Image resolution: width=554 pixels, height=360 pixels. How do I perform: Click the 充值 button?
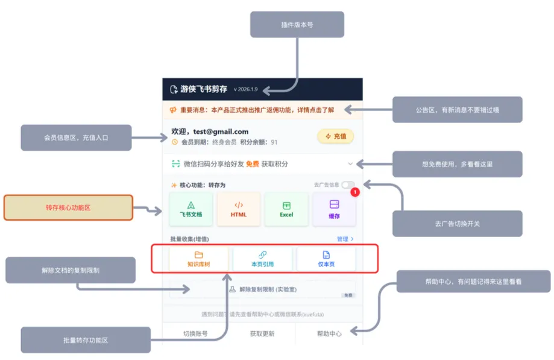(336, 136)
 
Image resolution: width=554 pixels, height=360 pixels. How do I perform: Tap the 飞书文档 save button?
(191, 209)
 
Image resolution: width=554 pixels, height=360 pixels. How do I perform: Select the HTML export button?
(239, 209)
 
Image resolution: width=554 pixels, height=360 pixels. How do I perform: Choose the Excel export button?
(286, 209)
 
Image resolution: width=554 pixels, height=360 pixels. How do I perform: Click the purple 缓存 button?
(334, 209)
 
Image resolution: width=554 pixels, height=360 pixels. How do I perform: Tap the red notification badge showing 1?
(355, 192)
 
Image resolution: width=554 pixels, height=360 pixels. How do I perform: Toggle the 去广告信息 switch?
(348, 185)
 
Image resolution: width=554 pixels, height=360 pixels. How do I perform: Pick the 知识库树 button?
(199, 259)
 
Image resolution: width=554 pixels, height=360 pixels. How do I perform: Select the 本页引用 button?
(262, 259)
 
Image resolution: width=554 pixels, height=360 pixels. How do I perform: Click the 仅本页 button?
(326, 259)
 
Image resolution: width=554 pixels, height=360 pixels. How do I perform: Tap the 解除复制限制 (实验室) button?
(262, 289)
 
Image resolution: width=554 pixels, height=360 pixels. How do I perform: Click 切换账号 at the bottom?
(195, 333)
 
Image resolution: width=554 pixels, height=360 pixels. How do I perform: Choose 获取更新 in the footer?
(262, 333)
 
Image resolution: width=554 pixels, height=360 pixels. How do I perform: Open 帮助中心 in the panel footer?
(329, 333)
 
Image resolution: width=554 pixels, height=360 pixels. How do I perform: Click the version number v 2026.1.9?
(245, 89)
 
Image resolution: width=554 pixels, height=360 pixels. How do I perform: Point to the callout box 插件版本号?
(297, 25)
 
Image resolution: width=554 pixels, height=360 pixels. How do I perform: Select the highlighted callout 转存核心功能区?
(68, 207)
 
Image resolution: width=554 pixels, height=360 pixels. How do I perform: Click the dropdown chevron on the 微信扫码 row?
(350, 163)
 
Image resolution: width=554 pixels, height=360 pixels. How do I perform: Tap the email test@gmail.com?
(221, 131)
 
